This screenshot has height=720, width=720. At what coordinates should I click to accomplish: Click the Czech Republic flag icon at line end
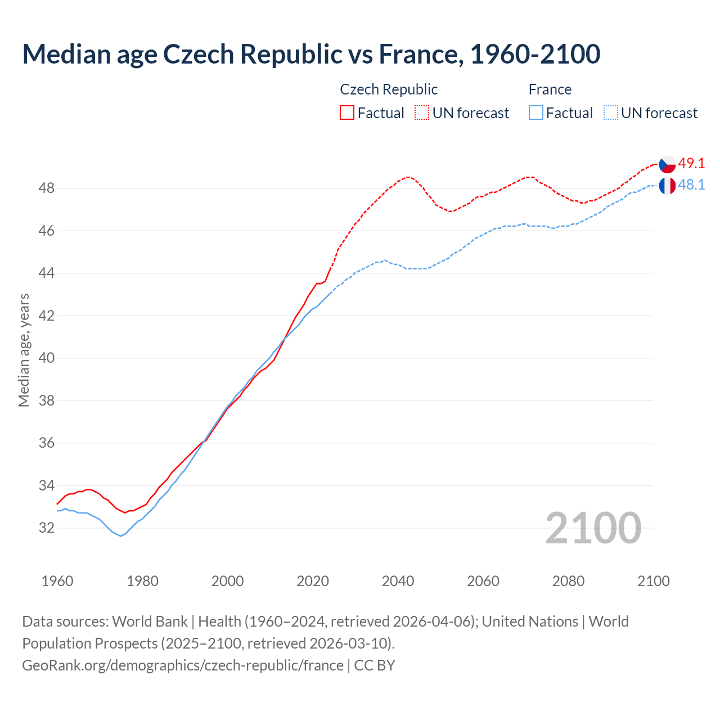667,164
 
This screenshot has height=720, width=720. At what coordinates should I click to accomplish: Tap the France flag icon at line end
667,186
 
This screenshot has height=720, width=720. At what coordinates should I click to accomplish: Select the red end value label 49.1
691,164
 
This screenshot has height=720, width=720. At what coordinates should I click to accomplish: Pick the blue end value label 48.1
691,185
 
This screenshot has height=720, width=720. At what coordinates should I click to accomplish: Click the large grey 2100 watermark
593,528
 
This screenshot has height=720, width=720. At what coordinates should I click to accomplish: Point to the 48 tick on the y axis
46,188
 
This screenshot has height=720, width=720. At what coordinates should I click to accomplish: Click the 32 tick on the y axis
46,528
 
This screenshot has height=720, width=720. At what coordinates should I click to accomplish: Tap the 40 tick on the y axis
46,358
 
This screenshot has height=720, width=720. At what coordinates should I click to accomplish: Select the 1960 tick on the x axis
57,581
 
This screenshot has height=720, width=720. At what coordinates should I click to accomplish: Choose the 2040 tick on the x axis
398,581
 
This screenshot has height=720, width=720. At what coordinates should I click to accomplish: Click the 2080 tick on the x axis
568,581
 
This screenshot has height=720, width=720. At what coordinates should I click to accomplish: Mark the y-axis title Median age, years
24,350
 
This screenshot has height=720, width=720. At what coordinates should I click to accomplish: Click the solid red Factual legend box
347,113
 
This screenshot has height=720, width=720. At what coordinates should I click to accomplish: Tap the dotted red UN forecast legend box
422,113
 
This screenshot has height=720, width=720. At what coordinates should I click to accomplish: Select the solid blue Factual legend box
536,113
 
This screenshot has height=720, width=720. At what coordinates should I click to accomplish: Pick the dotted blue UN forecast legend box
610,113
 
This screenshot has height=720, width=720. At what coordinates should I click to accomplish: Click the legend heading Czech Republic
389,89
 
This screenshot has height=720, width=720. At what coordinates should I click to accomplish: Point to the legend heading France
550,89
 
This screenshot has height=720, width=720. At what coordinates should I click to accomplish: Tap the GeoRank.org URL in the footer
183,665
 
